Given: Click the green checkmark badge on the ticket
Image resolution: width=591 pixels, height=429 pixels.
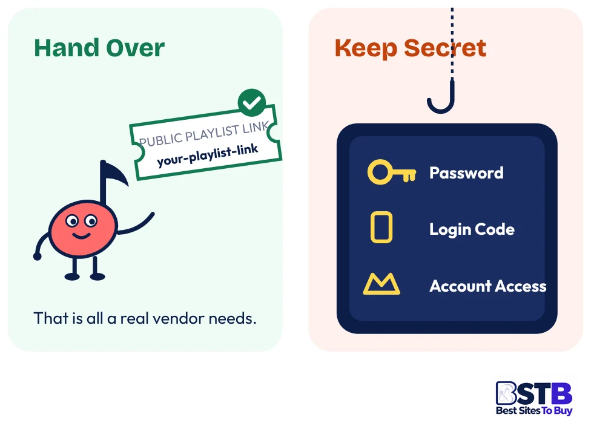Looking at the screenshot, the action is click(x=252, y=103).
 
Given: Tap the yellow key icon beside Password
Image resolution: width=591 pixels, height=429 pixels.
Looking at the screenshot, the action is click(x=392, y=172).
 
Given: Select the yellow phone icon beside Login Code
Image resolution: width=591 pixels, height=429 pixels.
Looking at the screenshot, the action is click(x=381, y=227).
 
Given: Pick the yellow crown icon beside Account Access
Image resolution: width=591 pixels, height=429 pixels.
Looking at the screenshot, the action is click(x=381, y=284).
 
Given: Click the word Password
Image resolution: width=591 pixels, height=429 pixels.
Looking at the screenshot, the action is click(x=466, y=173).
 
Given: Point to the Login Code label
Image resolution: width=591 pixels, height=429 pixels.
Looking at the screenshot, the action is click(x=472, y=229).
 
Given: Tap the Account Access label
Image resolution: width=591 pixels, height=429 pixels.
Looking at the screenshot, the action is click(x=487, y=286).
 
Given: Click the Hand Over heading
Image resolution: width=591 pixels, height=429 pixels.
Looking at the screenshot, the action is click(x=99, y=48).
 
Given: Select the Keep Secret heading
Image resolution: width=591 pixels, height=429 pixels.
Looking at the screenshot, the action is click(x=410, y=48).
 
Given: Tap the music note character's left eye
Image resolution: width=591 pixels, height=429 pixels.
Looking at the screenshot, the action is click(x=72, y=221).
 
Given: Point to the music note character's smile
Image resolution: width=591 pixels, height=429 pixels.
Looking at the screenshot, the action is click(x=81, y=236).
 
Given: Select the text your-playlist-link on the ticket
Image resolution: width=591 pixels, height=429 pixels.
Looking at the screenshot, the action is click(x=207, y=155).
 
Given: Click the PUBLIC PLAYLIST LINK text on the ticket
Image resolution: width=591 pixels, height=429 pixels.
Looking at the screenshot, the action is click(x=204, y=134).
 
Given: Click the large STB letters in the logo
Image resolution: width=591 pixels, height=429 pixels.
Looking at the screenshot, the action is click(x=534, y=393).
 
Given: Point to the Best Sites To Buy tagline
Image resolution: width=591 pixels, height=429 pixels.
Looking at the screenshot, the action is click(x=534, y=410).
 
